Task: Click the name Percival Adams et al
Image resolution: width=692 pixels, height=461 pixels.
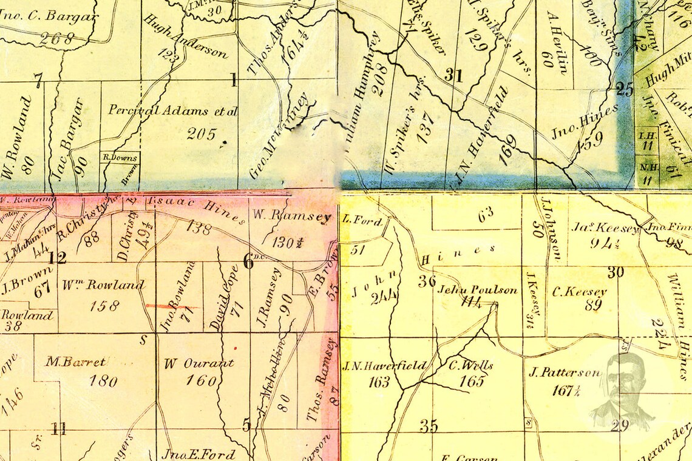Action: point(172,110)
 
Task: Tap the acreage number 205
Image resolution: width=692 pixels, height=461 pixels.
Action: point(202,133)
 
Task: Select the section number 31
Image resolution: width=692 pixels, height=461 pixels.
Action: point(453,76)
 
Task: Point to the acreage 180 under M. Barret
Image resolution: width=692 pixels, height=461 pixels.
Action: point(103,381)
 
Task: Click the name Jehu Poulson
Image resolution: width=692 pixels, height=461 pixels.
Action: point(477,289)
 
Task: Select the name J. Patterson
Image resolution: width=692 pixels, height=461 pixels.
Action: point(565,372)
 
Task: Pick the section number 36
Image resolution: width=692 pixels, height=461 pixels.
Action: point(427,281)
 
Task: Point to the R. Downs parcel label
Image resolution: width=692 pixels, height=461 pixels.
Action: point(120,157)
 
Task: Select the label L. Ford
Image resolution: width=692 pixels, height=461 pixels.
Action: point(362,221)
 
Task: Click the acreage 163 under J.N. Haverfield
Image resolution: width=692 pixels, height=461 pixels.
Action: point(379,382)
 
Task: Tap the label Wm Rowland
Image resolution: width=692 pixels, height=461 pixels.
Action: point(103,285)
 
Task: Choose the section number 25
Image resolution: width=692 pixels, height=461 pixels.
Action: point(624,89)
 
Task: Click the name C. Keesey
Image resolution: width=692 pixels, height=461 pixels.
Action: point(579,291)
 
